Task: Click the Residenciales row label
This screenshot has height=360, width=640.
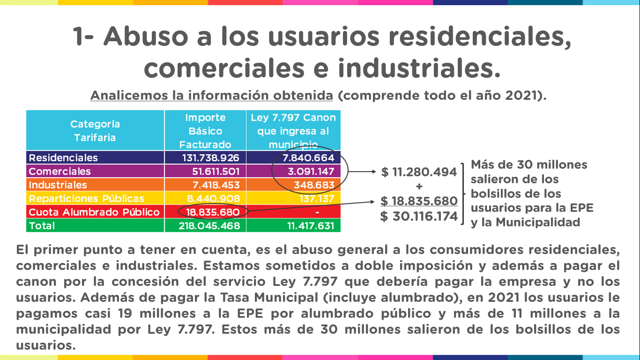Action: [63, 158]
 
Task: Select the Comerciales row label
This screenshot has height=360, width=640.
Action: [60, 171]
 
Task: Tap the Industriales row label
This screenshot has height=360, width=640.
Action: [58, 185]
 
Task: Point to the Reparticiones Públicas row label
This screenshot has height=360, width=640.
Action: [86, 198]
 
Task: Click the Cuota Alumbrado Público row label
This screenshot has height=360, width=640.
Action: [94, 212]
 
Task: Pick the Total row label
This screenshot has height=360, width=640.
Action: [42, 225]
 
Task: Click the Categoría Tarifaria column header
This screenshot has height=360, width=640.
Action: [95, 131]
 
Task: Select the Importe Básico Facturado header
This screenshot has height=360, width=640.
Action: [205, 131]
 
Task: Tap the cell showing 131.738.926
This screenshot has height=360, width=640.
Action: [211, 158]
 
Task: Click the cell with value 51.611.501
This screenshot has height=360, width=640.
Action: [216, 171]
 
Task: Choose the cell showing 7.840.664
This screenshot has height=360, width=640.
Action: [305, 158]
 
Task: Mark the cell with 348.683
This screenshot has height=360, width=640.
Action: [313, 185]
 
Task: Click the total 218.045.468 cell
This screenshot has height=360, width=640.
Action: [209, 225]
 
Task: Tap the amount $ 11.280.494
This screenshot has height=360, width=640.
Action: [419, 172]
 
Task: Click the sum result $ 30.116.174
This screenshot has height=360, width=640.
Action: [419, 216]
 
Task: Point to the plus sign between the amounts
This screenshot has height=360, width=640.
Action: [419, 187]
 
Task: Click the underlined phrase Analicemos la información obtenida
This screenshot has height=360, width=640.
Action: [211, 96]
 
